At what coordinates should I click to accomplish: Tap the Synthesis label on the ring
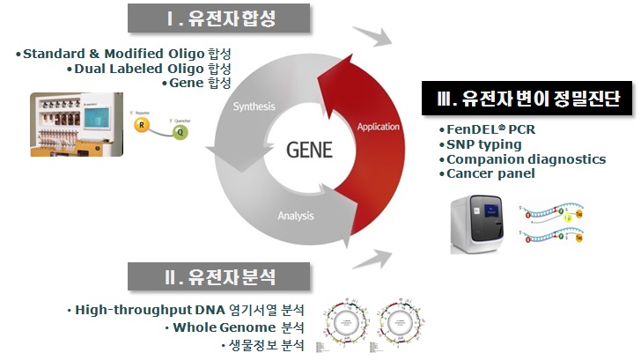click(254, 107)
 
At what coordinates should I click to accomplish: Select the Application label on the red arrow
click(378, 127)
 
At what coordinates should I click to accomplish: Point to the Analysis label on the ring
click(296, 215)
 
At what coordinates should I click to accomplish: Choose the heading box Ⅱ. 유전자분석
click(220, 276)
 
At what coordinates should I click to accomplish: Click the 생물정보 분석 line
click(261, 344)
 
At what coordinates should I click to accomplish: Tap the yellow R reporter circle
click(141, 126)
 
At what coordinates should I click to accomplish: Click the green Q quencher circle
click(181, 134)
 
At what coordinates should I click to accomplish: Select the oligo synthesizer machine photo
click(76, 124)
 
